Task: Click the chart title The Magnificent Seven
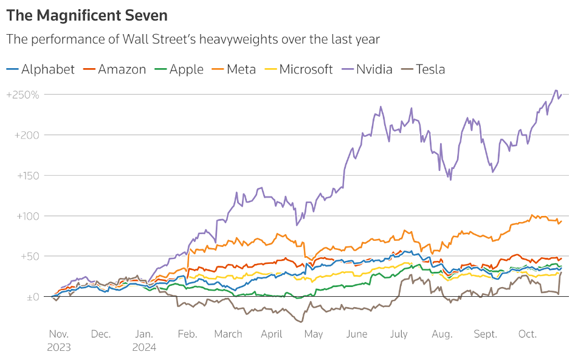(87, 15)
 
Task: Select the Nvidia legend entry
(374, 69)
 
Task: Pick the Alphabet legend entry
(47, 69)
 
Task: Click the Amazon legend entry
(122, 69)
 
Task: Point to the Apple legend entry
(186, 69)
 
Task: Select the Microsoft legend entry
(306, 69)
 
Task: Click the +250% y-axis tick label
(22, 95)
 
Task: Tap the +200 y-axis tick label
(26, 135)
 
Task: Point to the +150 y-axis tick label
(26, 176)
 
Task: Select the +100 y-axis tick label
(26, 216)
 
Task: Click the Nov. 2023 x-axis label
(60, 341)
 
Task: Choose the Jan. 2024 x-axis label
(144, 341)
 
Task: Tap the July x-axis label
(399, 334)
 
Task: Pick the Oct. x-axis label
(527, 334)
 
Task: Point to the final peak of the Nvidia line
(556, 91)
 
